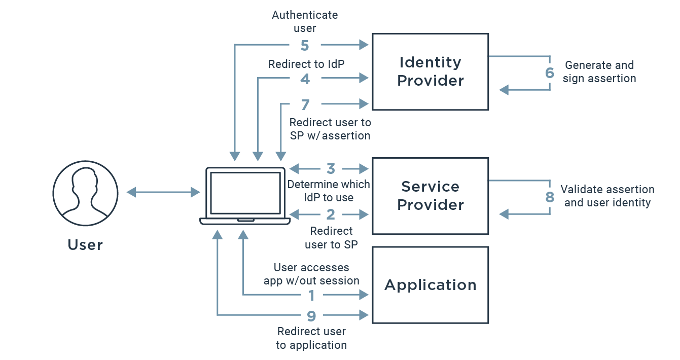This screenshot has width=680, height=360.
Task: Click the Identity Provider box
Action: tap(430, 71)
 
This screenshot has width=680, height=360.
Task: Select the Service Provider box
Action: tap(430, 196)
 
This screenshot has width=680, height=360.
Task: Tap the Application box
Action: tap(430, 285)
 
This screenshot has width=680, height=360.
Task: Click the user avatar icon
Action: tap(85, 193)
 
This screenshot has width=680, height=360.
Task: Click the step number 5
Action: tap(305, 46)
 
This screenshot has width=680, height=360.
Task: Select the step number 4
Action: tap(305, 79)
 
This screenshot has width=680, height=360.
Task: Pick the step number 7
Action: tap(305, 104)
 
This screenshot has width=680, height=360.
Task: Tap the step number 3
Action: tap(331, 168)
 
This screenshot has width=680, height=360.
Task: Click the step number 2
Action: tap(331, 214)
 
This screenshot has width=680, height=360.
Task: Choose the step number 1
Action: tap(312, 295)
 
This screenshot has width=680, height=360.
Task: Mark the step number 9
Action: tap(312, 316)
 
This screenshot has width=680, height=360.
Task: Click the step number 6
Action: tap(550, 73)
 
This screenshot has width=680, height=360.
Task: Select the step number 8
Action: tap(550, 197)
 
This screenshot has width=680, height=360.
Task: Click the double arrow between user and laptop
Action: tap(163, 192)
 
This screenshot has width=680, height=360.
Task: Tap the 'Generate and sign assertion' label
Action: tap(599, 72)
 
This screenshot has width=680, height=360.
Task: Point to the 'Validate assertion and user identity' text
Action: tap(607, 196)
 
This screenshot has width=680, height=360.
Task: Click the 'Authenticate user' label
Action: tap(305, 21)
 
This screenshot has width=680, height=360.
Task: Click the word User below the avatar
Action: tap(85, 245)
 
